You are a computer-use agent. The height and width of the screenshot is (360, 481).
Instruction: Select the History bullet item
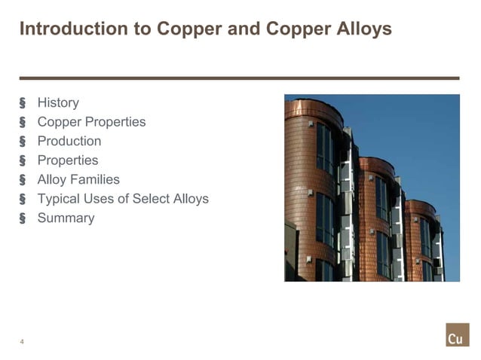(58, 102)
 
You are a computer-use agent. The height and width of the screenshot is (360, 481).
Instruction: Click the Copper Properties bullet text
(91, 122)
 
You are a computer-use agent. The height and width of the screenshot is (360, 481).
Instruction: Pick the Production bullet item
(69, 141)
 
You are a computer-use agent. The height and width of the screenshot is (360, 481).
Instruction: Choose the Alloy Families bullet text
(78, 179)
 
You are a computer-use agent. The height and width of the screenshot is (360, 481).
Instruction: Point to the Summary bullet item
(66, 218)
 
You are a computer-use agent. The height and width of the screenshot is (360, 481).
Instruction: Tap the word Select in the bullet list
(150, 199)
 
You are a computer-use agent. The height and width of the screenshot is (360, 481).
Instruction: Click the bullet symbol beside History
(23, 103)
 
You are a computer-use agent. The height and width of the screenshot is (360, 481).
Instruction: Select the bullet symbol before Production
(23, 142)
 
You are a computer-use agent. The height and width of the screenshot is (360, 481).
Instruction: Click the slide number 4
(22, 342)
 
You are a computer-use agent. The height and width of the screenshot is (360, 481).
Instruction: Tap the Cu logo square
(456, 336)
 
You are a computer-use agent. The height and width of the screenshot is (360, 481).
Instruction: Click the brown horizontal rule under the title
(240, 78)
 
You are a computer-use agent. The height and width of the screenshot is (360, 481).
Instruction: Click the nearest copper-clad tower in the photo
(309, 188)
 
